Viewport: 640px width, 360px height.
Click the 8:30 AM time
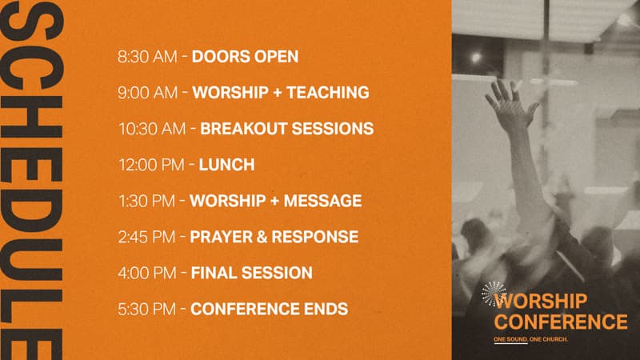click(x=147, y=57)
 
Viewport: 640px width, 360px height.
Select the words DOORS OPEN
click(x=245, y=57)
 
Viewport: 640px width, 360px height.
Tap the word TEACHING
click(x=328, y=93)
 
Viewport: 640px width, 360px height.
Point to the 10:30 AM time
click(x=152, y=129)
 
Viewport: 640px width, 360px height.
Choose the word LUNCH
click(x=226, y=165)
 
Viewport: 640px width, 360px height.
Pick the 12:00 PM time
click(x=151, y=165)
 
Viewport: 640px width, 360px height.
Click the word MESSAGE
click(x=322, y=201)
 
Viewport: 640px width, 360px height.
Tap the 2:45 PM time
click(x=146, y=237)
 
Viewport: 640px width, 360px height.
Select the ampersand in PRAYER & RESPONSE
click(x=262, y=237)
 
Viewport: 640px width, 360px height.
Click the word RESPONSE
click(x=314, y=237)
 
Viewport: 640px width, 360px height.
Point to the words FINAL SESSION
click(x=251, y=273)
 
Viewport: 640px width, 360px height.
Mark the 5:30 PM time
click(x=146, y=309)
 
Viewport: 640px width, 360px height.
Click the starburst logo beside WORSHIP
click(x=493, y=294)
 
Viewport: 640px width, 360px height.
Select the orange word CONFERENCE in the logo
click(x=561, y=322)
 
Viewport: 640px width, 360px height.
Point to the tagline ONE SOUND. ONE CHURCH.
click(x=530, y=339)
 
